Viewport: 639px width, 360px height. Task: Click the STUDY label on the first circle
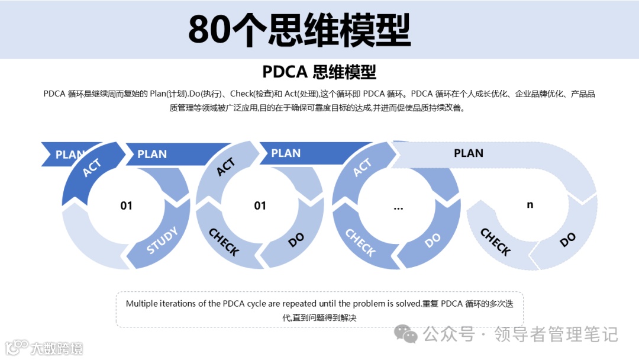(x=162, y=240)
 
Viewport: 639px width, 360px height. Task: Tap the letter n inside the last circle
(x=530, y=204)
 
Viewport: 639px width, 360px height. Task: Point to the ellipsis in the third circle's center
(x=398, y=207)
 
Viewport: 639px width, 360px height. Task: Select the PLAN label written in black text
(x=469, y=153)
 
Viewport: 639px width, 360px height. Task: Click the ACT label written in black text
(x=226, y=167)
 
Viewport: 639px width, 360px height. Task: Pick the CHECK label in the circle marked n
(x=495, y=242)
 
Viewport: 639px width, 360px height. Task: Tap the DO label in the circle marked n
(x=567, y=239)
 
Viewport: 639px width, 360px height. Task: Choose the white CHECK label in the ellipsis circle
(x=360, y=242)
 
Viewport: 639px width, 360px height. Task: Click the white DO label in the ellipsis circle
(x=433, y=239)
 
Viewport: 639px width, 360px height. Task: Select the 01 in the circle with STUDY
(x=127, y=205)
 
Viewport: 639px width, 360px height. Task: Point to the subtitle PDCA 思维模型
(x=319, y=72)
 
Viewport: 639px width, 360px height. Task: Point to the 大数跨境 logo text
(x=57, y=348)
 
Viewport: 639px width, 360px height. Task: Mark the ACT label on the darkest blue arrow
(x=92, y=168)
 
